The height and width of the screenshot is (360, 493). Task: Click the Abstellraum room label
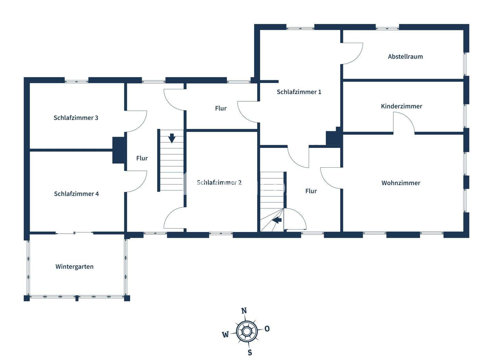405,56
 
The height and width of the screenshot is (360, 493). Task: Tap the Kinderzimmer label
401,106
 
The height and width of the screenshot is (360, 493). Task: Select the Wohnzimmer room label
401,183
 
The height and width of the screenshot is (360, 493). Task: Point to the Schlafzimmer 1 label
299,92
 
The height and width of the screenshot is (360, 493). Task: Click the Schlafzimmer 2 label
219,182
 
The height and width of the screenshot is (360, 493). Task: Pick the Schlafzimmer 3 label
76,118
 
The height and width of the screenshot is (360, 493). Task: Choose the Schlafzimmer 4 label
76,194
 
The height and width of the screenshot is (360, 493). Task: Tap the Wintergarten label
74,267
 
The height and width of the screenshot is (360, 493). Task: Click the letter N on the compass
244,311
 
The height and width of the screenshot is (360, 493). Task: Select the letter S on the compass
250,352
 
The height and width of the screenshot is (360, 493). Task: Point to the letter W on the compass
225,335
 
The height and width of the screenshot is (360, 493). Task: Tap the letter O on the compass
267,329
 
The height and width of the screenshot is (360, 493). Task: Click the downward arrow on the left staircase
172,138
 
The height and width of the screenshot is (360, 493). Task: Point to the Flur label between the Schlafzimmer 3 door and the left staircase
142,158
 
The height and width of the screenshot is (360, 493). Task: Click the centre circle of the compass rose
246,331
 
